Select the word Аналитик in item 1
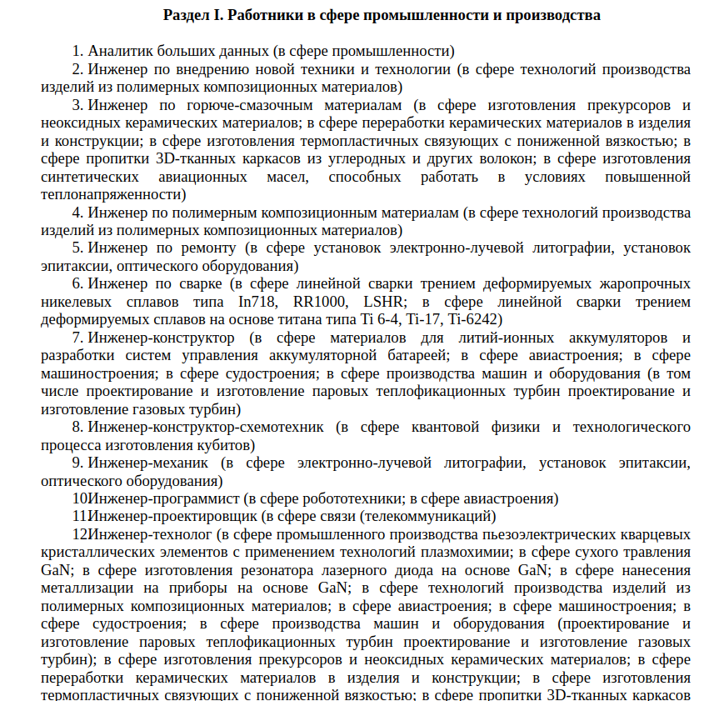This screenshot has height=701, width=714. click(x=117, y=51)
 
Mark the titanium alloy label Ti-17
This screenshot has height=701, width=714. click(x=423, y=319)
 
